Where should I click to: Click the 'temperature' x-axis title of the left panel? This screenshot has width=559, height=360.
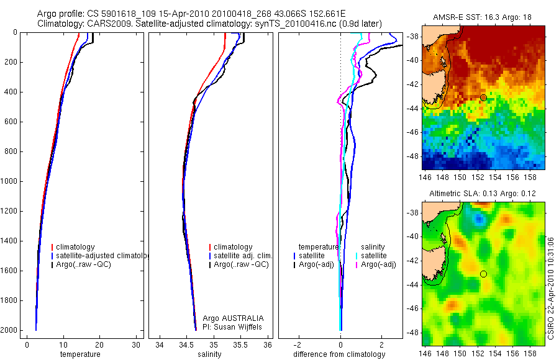coord(80,354)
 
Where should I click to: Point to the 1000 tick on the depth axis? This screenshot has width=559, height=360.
coord(9,181)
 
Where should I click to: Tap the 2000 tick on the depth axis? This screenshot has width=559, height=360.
coord(9,330)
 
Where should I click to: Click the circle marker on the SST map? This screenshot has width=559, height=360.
coord(483,97)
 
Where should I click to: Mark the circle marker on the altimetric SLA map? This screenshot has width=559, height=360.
coord(483,274)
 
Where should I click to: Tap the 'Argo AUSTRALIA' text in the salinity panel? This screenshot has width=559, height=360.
coord(229,318)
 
